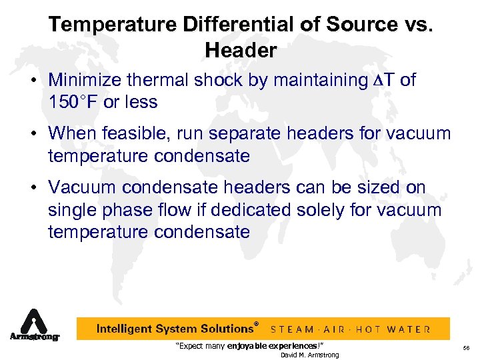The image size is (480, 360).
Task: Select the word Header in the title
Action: coord(241,50)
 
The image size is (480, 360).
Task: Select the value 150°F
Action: coord(73,102)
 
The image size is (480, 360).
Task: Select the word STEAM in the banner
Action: coord(292,329)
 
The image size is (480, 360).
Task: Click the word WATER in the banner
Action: coord(409,329)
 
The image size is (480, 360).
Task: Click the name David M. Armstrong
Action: coord(309,355)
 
